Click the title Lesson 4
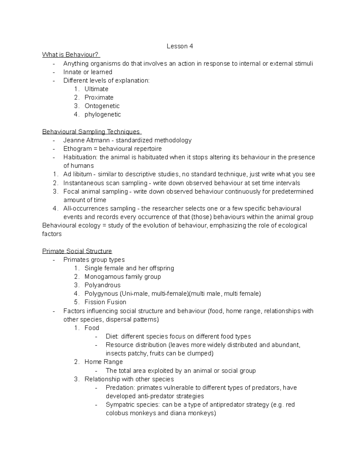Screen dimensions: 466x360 [180, 46]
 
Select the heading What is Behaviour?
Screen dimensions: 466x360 [70, 55]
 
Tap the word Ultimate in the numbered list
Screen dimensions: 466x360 [96, 89]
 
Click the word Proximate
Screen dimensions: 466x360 [99, 97]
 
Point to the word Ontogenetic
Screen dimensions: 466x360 [102, 106]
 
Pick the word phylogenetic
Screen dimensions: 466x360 [103, 114]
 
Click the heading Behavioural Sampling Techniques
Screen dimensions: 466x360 [91, 132]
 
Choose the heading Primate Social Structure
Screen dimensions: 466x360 [77, 251]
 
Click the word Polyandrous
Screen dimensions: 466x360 [102, 285]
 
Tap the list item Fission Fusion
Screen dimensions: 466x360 [105, 302]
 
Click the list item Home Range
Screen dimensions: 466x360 [103, 362]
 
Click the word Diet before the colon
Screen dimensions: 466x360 [112, 336]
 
